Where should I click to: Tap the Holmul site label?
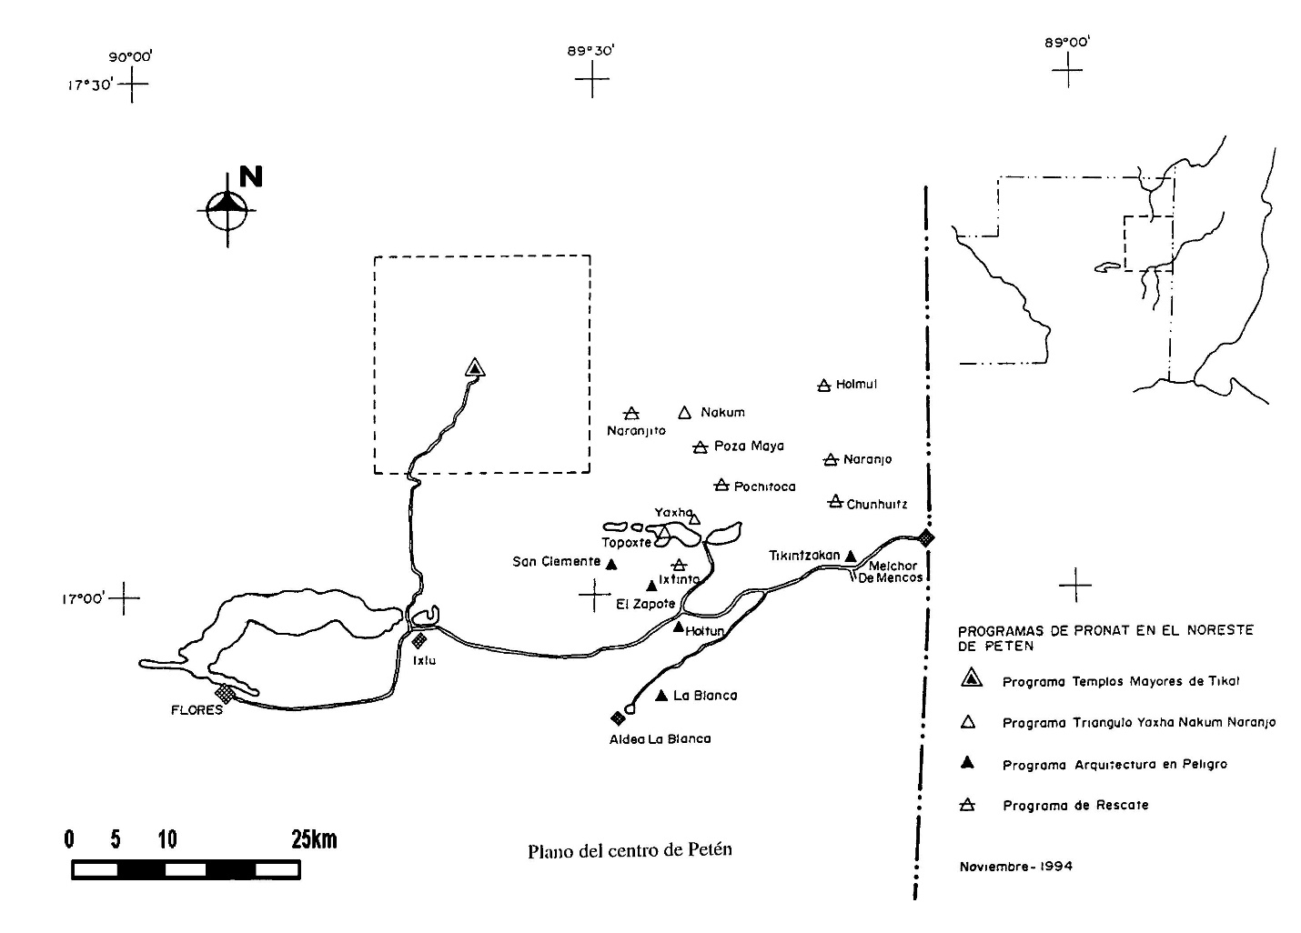click(856, 385)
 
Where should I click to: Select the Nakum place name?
click(722, 413)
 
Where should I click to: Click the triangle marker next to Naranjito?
click(631, 414)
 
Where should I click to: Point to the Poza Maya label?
click(749, 446)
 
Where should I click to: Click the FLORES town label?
click(197, 710)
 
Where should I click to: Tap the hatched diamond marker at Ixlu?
click(419, 640)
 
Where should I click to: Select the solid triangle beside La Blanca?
click(661, 696)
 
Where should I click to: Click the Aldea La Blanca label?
click(660, 739)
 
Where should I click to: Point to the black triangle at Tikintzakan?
click(851, 556)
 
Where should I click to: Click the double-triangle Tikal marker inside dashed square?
click(474, 367)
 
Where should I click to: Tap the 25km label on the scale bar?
click(314, 839)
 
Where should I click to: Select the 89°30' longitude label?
click(591, 51)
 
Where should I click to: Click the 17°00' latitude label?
click(84, 599)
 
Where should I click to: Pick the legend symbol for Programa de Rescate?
click(968, 805)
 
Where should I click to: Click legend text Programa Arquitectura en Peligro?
click(1114, 765)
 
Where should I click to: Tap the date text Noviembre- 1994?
click(1015, 867)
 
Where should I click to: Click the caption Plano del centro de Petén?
click(630, 851)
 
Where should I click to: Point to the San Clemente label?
click(556, 562)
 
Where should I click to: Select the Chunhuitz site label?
click(877, 505)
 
